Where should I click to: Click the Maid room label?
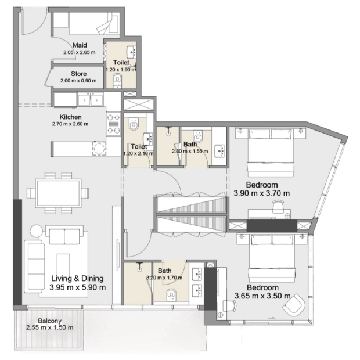(x=80, y=45)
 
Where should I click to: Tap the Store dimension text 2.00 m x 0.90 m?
(x=78, y=81)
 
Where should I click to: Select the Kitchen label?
(x=70, y=117)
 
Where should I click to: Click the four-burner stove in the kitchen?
(x=114, y=124)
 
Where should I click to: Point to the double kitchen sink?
(x=91, y=100)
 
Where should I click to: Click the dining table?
(x=59, y=193)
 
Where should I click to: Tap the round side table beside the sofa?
(x=36, y=231)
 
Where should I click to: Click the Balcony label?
(x=50, y=321)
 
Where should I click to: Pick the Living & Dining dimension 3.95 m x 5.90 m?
(x=78, y=287)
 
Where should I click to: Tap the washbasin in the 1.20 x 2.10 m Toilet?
(x=148, y=139)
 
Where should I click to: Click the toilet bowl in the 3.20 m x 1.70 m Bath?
(x=171, y=295)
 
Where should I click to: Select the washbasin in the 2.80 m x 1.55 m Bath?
(x=219, y=151)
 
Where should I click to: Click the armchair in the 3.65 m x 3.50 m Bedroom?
(x=294, y=304)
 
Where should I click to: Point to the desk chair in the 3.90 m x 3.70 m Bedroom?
(x=278, y=206)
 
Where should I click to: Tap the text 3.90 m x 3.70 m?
(x=262, y=193)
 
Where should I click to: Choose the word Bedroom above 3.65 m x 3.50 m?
(x=262, y=287)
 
